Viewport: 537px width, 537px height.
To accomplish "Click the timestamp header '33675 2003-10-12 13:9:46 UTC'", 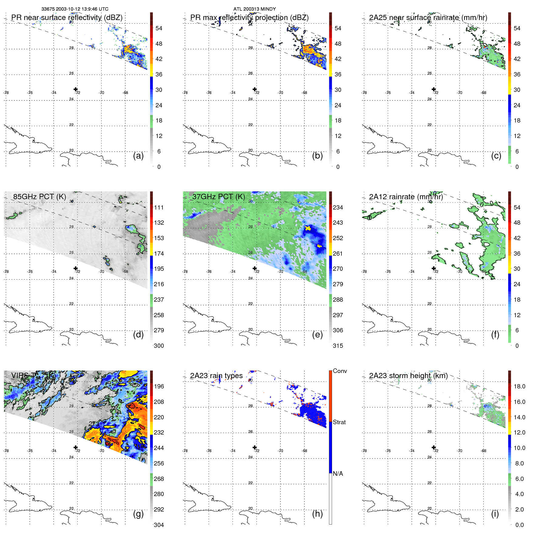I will [x=75, y=9].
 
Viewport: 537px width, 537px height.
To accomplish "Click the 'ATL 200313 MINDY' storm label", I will [x=254, y=9].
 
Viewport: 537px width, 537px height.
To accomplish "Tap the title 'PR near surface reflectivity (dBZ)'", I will [x=67, y=18].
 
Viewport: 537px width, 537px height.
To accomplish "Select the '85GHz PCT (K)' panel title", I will [x=39, y=196].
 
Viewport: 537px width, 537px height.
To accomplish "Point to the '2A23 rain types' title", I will [x=216, y=376].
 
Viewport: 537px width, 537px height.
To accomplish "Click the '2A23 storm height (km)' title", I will [x=408, y=376].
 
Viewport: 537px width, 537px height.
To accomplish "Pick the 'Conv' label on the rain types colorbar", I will [x=340, y=371].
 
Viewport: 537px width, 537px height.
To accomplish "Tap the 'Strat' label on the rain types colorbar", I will [x=339, y=422].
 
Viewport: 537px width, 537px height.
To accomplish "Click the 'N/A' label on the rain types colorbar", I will [x=338, y=474].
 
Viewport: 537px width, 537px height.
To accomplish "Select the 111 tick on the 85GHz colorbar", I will [x=159, y=207].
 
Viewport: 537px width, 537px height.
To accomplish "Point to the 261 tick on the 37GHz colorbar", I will [x=338, y=253].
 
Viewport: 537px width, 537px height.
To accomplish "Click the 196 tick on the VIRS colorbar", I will [x=159, y=386].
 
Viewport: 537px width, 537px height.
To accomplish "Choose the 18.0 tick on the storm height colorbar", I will [x=519, y=386].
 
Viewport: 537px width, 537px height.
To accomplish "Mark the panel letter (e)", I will [x=317, y=334].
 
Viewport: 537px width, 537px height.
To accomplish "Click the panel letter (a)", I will [x=138, y=156].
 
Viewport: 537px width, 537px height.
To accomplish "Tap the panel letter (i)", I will [x=495, y=514].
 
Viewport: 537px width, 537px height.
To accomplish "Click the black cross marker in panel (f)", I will [x=434, y=268].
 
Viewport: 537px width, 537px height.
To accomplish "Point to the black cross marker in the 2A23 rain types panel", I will [x=255, y=447].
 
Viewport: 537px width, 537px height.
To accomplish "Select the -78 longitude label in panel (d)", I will [x=6, y=272].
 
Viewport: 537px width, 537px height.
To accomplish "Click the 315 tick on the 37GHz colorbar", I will [x=338, y=346].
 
